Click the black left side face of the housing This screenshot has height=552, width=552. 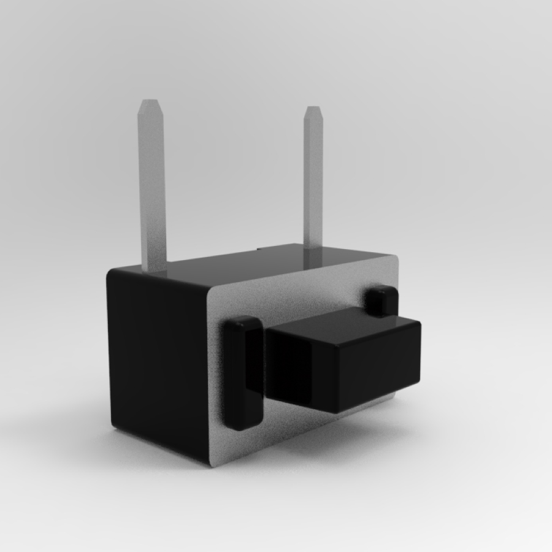tap(156, 362)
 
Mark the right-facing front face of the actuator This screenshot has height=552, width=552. tap(380, 368)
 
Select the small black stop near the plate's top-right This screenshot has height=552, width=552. tap(381, 300)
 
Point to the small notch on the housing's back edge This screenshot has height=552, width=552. tap(259, 248)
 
